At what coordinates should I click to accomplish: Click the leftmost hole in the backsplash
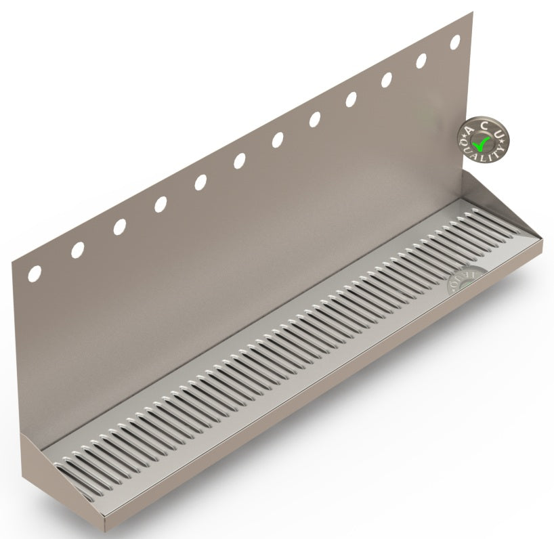[x=34, y=274]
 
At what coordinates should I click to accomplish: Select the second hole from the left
[x=77, y=250]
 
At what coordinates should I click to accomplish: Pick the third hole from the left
[x=119, y=227]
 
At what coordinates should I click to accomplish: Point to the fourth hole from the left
[x=161, y=204]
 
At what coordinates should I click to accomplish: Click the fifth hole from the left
[x=200, y=182]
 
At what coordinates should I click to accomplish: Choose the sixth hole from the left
[x=240, y=161]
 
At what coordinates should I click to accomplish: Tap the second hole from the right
[x=421, y=60]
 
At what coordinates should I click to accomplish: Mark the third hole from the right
[x=387, y=80]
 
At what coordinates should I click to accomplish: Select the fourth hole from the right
[x=351, y=100]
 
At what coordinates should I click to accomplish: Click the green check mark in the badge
[x=482, y=143]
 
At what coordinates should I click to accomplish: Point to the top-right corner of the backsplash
[x=471, y=12]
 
